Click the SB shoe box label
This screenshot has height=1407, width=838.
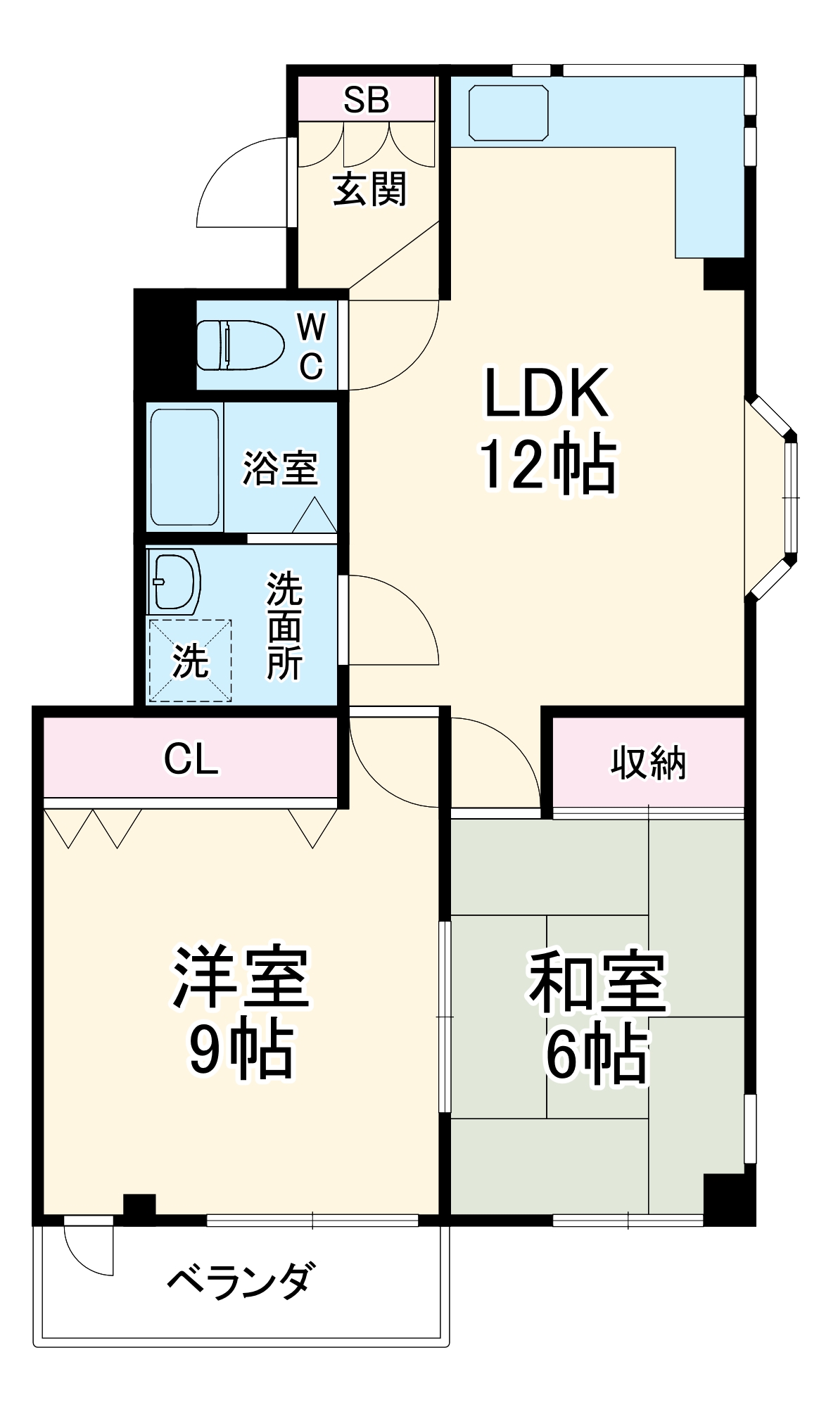pyautogui.click(x=366, y=100)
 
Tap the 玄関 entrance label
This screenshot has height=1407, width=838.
pyautogui.click(x=369, y=189)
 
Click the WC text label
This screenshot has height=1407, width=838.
pyautogui.click(x=311, y=345)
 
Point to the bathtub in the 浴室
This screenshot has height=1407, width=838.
pyautogui.click(x=184, y=466)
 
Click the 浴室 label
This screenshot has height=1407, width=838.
pyautogui.click(x=280, y=468)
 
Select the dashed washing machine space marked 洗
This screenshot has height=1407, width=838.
pyautogui.click(x=190, y=661)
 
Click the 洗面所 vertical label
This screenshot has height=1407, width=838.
pyautogui.click(x=284, y=626)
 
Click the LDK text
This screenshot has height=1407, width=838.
pyautogui.click(x=546, y=393)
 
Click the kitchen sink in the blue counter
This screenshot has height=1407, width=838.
pyautogui.click(x=508, y=113)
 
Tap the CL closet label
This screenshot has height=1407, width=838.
pyautogui.click(x=191, y=759)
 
